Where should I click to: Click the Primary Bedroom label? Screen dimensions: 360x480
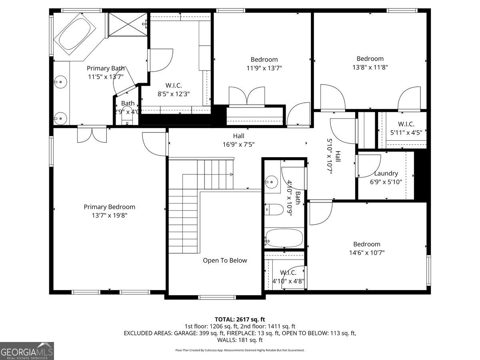(x=109, y=207)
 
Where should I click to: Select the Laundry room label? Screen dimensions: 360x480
(x=386, y=173)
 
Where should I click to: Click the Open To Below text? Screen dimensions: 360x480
(x=225, y=260)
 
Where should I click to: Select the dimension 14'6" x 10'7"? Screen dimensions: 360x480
(x=366, y=253)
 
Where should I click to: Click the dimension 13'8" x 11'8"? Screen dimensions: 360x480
(x=370, y=67)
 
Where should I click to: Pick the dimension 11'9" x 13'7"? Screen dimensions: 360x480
(x=264, y=68)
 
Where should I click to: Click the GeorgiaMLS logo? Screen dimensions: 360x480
(x=27, y=351)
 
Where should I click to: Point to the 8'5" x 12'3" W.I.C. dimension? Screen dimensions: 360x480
(x=173, y=94)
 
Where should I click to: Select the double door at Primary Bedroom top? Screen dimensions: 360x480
(x=92, y=135)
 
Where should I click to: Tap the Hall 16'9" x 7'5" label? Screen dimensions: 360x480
(x=238, y=140)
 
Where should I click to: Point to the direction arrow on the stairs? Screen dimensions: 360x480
(x=231, y=174)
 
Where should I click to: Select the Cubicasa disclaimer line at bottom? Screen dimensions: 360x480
(x=240, y=350)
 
